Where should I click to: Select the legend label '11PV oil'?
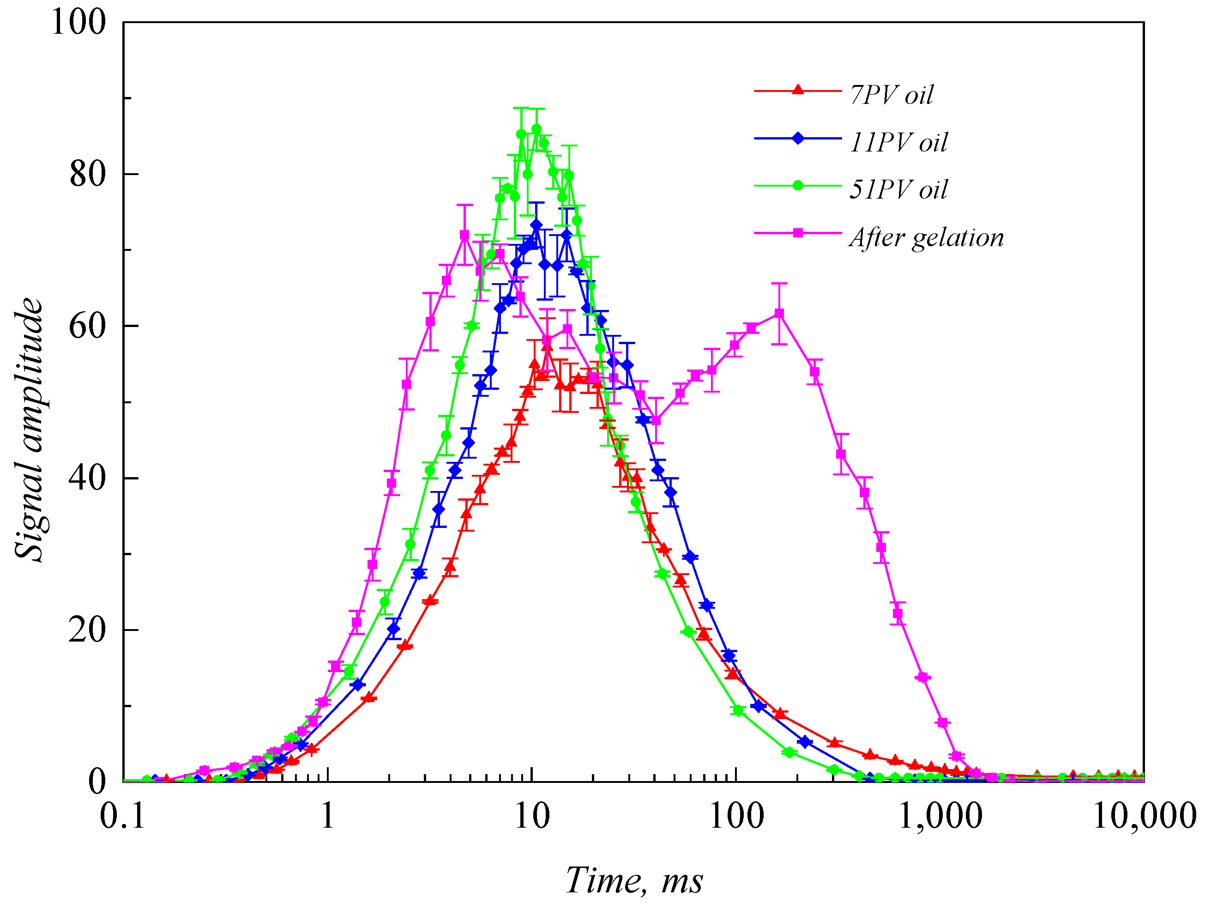click(x=898, y=142)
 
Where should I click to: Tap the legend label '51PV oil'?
click(x=898, y=190)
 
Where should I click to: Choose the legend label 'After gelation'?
click(x=926, y=237)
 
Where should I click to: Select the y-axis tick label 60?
click(x=87, y=326)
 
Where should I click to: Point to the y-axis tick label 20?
click(x=87, y=630)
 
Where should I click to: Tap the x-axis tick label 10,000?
click(x=1144, y=816)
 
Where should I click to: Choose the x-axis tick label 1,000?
click(x=940, y=816)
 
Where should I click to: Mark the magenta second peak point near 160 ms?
click(x=779, y=313)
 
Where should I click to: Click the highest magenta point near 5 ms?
click(x=464, y=235)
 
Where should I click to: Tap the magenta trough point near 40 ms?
click(x=657, y=420)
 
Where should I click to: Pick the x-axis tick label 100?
click(x=736, y=816)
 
